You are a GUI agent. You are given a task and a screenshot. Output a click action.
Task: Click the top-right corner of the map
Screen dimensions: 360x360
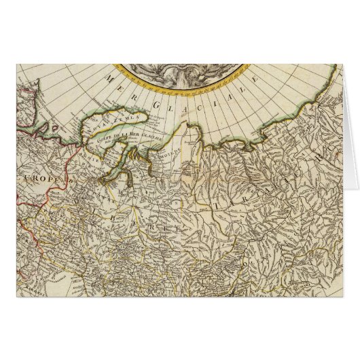coord(343,64)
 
